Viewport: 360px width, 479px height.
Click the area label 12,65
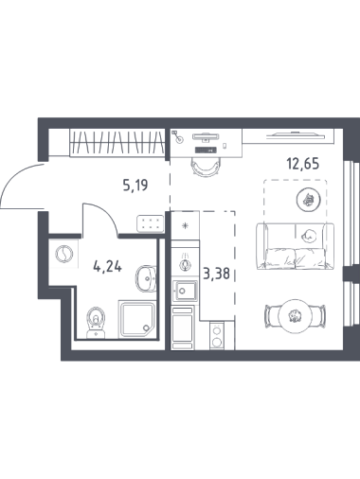tap(303, 164)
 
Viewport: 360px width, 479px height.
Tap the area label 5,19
tap(135, 186)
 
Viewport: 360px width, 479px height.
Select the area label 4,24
tap(107, 267)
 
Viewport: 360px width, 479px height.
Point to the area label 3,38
tap(216, 274)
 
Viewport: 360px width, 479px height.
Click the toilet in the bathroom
tap(96, 323)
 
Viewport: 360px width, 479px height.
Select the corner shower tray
tap(137, 319)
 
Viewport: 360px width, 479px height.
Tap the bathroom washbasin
tap(146, 278)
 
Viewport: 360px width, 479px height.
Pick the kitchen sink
tap(185, 291)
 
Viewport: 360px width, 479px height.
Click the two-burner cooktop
tap(217, 335)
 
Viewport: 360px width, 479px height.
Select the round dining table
tap(296, 316)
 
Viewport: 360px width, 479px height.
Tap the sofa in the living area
tap(295, 246)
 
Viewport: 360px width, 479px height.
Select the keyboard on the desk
tap(206, 150)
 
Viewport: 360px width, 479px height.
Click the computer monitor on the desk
tap(206, 136)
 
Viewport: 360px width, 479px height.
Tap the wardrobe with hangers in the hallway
tap(117, 143)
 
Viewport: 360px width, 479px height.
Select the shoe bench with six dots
tap(151, 223)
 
